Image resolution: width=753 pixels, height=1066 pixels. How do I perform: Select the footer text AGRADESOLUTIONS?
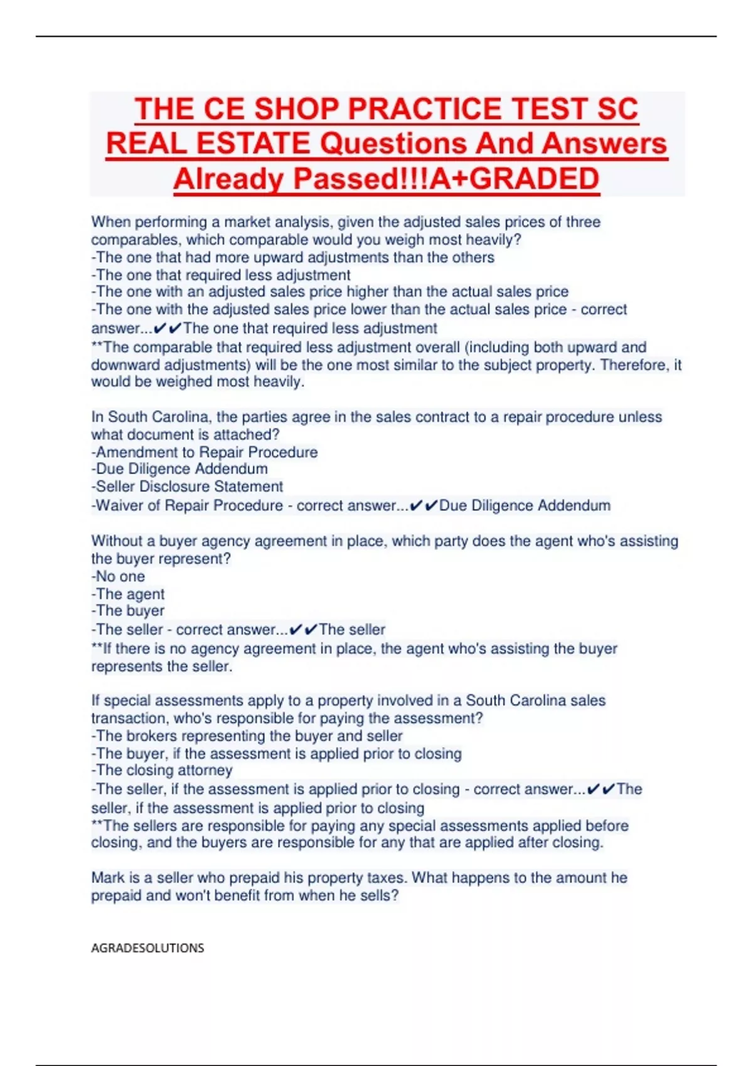147,948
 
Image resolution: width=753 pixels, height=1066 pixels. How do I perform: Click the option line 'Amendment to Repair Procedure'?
205,452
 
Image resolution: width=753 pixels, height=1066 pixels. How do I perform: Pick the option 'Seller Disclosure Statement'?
187,487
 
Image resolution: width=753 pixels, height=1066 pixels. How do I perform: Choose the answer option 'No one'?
118,576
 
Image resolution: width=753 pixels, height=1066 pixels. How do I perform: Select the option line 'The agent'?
128,594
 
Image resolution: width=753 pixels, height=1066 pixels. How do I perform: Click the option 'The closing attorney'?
162,770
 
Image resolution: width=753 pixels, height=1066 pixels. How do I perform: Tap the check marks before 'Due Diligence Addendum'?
423,505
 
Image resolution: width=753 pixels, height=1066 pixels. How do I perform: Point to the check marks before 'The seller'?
303,630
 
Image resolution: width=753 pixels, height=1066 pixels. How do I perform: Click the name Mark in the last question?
107,878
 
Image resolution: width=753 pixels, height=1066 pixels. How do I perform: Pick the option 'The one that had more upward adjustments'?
292,257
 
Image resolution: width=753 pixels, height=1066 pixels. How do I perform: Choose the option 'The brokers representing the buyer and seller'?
247,736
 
